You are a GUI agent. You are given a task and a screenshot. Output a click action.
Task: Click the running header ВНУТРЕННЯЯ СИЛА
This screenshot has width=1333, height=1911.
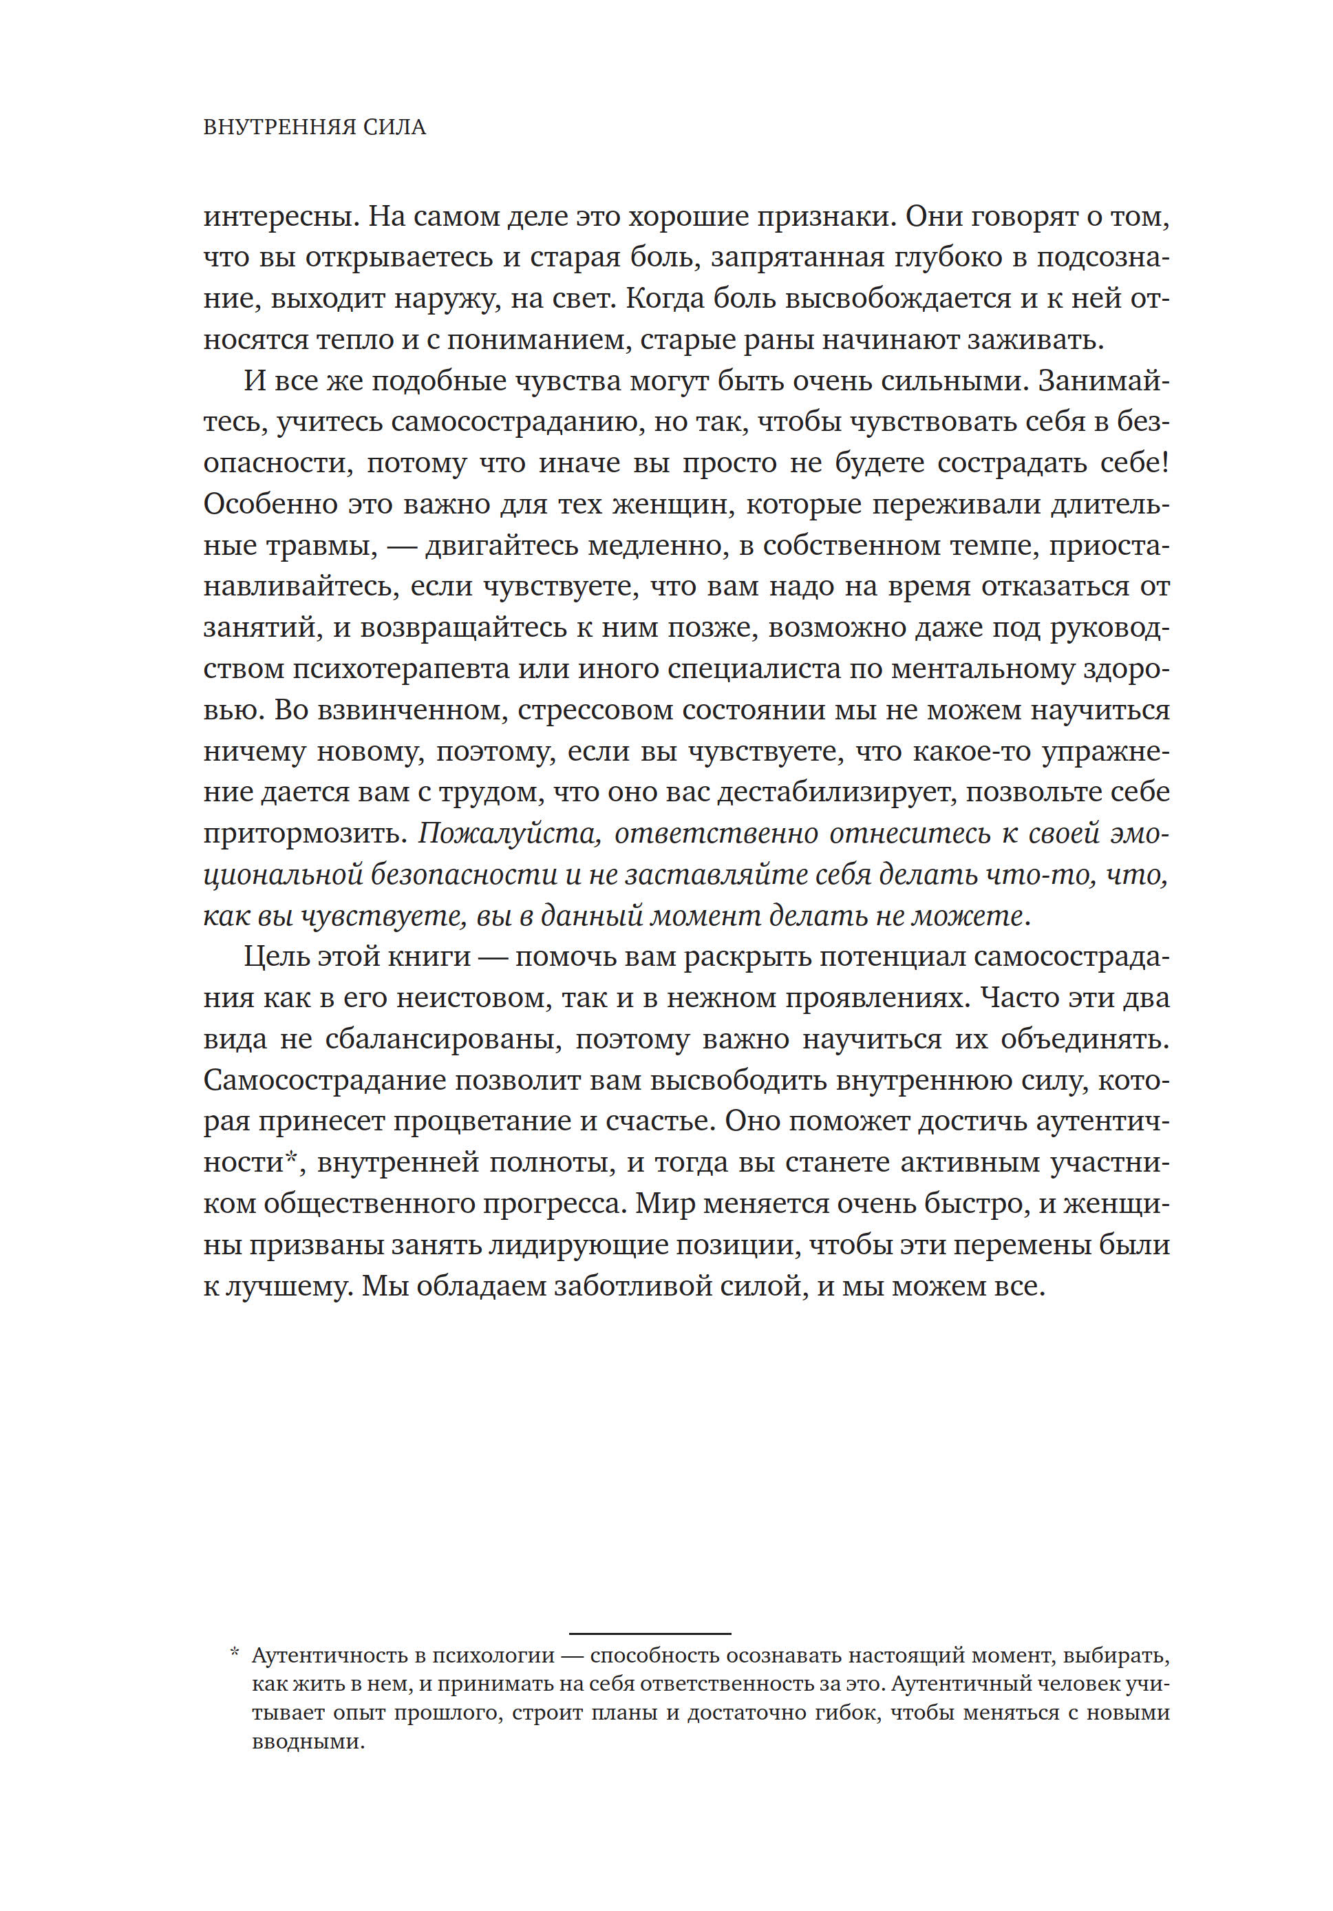pos(314,127)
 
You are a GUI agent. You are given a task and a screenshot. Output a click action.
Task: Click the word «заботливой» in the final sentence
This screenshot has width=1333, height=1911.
pos(631,1287)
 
